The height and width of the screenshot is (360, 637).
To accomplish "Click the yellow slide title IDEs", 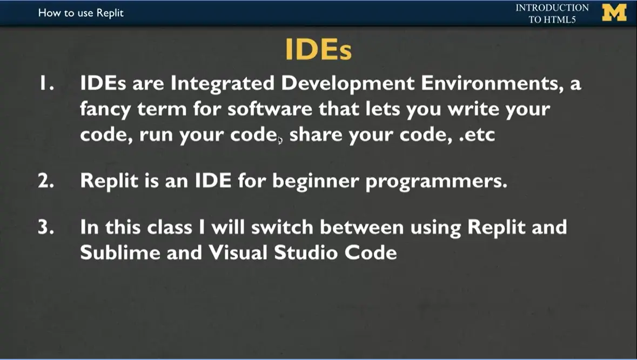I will (x=318, y=50).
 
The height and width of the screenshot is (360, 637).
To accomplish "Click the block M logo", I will (x=614, y=13).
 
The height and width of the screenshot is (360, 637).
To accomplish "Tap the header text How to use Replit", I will (x=81, y=12).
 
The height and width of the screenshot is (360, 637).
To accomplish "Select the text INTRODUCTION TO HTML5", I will (x=552, y=14).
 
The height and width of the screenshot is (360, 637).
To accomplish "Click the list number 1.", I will (x=44, y=84).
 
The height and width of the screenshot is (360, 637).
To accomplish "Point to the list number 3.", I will (x=45, y=227).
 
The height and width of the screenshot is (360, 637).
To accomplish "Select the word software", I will (x=269, y=109).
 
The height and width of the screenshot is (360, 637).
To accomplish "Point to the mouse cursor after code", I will (x=280, y=141).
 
